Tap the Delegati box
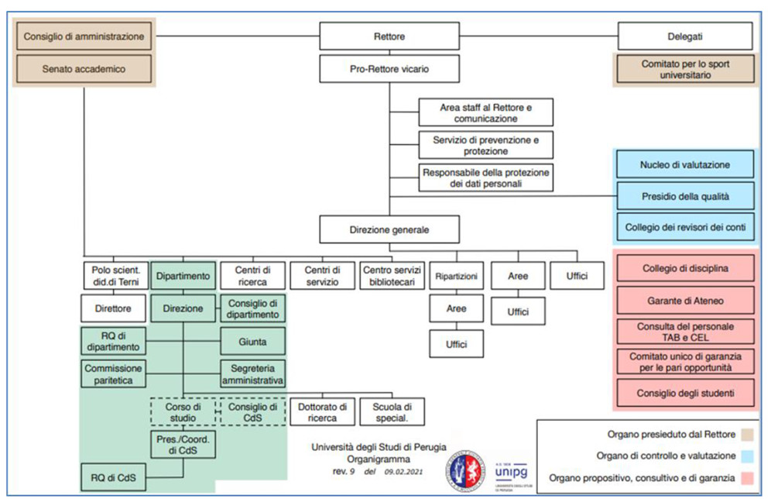pos(684,36)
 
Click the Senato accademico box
pos(84,69)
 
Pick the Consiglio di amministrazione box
pos(84,36)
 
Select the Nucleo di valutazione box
pos(685,164)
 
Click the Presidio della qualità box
pos(685,196)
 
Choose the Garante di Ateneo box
pos(685,299)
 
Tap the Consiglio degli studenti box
pos(685,393)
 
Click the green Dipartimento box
pos(183,275)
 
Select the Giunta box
pos(252,340)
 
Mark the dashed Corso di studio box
pos(183,412)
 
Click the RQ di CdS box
pos(115,477)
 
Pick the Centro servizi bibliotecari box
pos(391,275)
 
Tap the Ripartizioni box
pos(455,275)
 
